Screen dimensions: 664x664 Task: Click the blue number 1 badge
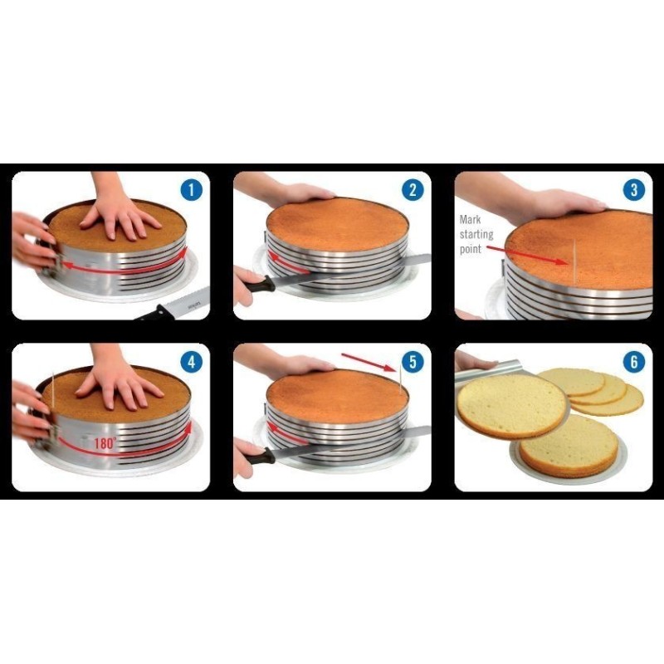192,190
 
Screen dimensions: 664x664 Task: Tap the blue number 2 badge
413,190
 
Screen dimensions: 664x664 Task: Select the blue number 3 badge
634,190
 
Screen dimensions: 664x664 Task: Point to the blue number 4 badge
192,362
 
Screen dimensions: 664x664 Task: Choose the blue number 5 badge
413,362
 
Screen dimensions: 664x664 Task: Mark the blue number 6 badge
634,362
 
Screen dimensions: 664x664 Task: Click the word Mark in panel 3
470,219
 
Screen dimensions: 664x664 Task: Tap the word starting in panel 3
476,234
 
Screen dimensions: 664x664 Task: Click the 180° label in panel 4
105,443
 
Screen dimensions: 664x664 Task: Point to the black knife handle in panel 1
154,313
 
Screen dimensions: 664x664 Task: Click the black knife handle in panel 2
261,284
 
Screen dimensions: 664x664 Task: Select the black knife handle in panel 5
261,456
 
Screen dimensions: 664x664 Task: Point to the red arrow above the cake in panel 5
368,362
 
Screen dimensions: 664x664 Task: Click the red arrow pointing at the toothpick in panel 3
526,255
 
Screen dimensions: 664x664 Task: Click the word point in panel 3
471,250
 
